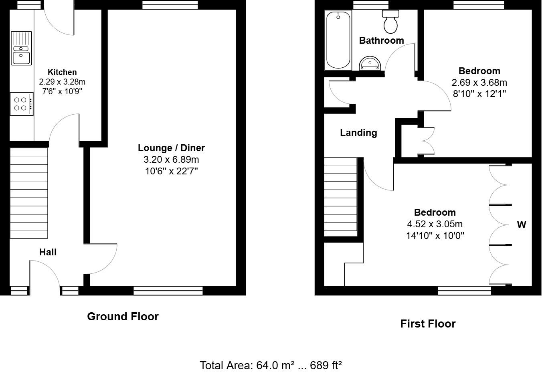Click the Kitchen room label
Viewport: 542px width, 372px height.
pyautogui.click(x=62, y=72)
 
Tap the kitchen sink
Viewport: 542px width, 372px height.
pyautogui.click(x=21, y=48)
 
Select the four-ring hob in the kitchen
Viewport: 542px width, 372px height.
pyautogui.click(x=22, y=104)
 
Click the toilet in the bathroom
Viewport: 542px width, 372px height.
pyautogui.click(x=390, y=22)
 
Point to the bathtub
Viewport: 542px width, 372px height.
pyautogui.click(x=338, y=40)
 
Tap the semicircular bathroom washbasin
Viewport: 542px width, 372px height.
pyautogui.click(x=370, y=63)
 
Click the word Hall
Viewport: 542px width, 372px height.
pyautogui.click(x=48, y=252)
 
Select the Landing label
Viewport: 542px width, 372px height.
pyautogui.click(x=358, y=133)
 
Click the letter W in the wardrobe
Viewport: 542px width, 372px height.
pyautogui.click(x=522, y=225)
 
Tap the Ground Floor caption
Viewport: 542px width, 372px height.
pyautogui.click(x=123, y=316)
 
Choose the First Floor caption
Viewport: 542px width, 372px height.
pyautogui.click(x=428, y=323)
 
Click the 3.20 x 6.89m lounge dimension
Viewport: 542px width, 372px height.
pyautogui.click(x=171, y=160)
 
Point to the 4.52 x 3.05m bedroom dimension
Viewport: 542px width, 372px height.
pyautogui.click(x=435, y=224)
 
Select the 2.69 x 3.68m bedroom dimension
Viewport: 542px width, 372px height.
pyautogui.click(x=479, y=83)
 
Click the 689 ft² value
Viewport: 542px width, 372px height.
pyautogui.click(x=326, y=365)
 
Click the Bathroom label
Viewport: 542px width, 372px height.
pyautogui.click(x=382, y=40)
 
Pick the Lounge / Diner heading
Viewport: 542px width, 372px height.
pyautogui.click(x=171, y=148)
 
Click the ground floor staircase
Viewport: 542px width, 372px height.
pyautogui.click(x=29, y=193)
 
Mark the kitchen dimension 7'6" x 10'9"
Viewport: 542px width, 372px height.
pyautogui.click(x=62, y=91)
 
